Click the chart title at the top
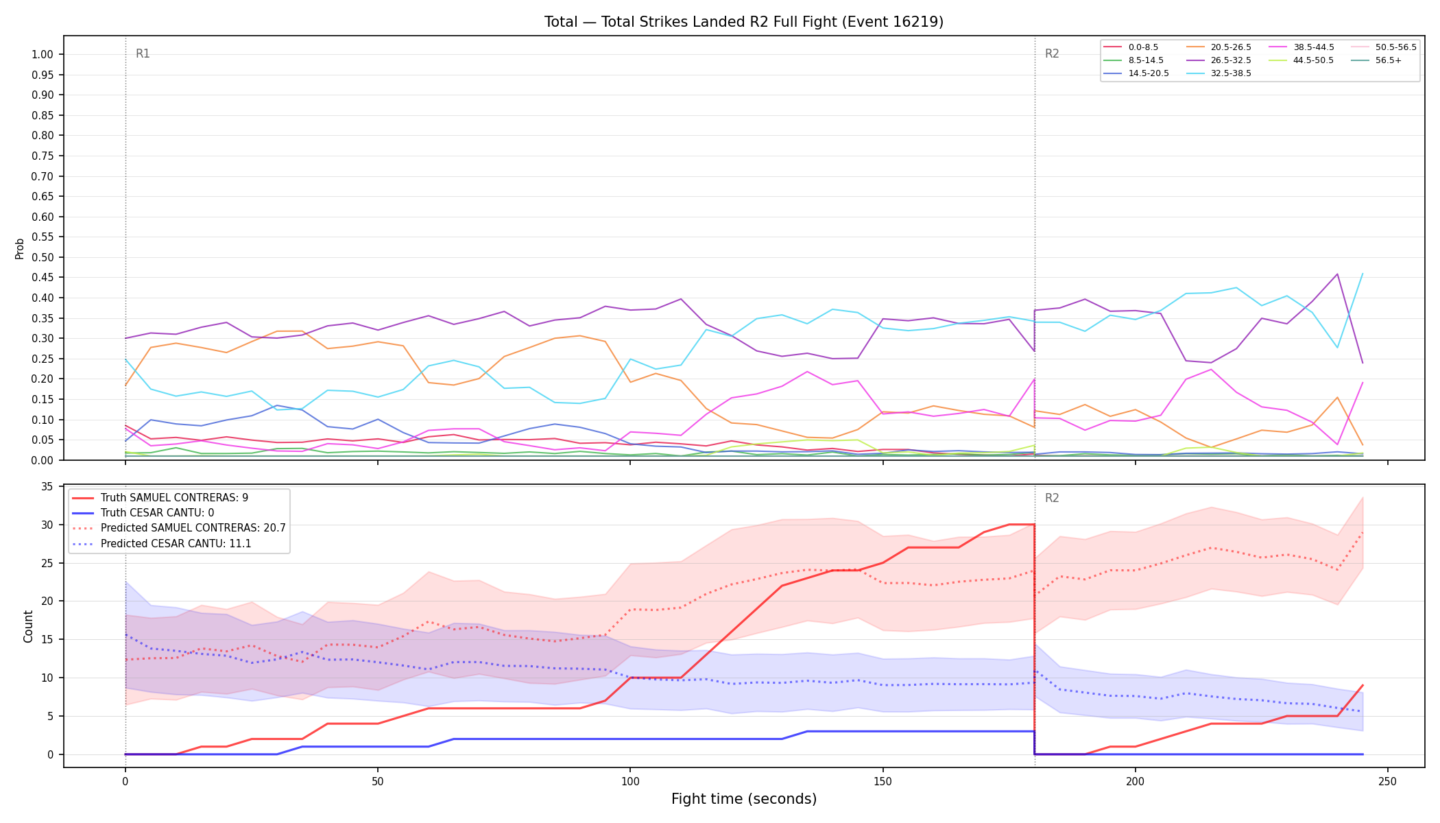[744, 22]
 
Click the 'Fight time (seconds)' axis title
[744, 799]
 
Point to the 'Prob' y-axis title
[20, 248]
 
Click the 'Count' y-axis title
[28, 626]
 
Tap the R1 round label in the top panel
[143, 53]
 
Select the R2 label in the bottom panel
[1052, 498]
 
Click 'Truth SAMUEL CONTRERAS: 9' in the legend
[174, 498]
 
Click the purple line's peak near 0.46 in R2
[1337, 274]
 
